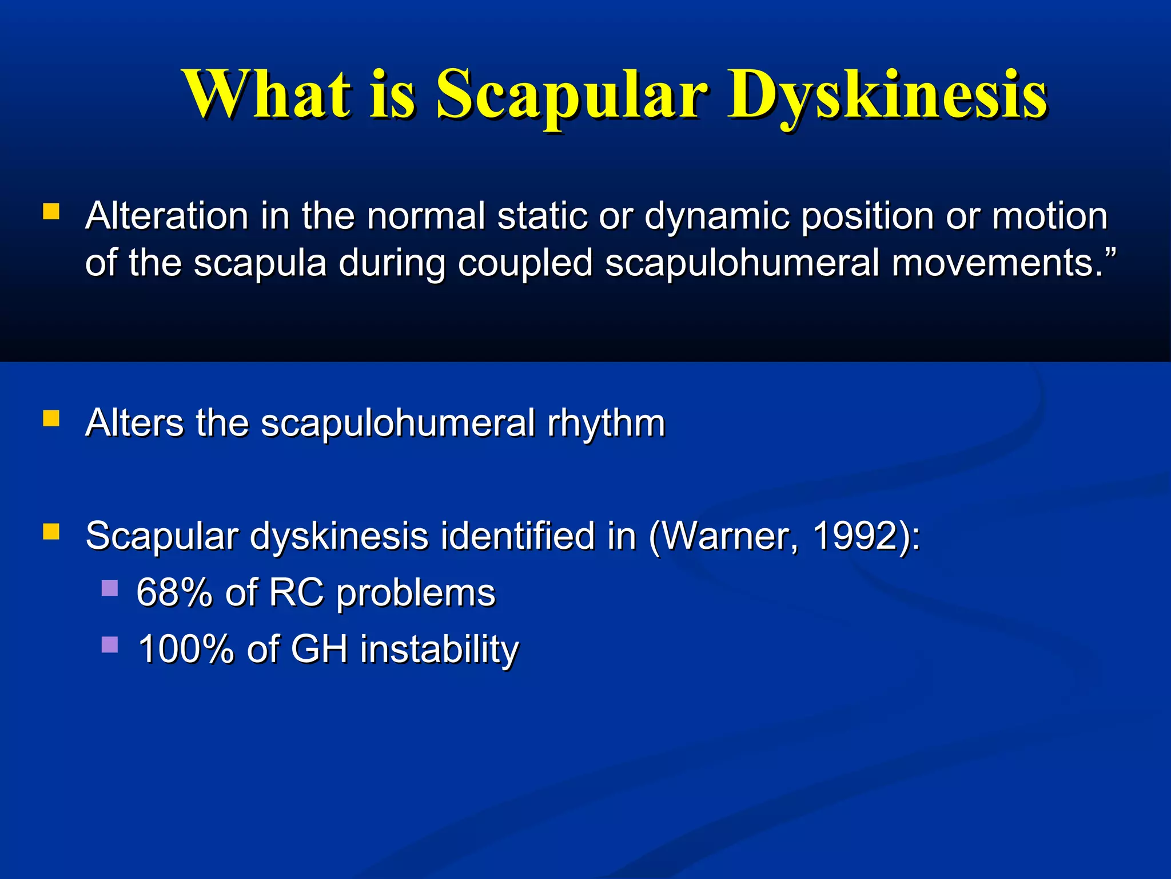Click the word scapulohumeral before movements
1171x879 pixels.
click(742, 263)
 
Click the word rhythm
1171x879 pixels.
click(606, 423)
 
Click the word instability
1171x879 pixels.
click(439, 649)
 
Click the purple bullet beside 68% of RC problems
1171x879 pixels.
click(110, 588)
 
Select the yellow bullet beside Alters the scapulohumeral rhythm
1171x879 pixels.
click(51, 419)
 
